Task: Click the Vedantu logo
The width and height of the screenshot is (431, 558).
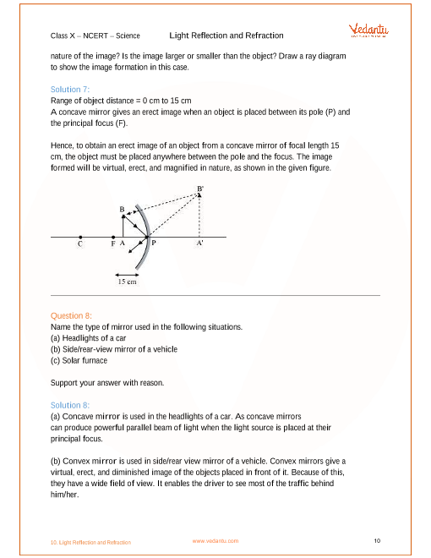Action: (368, 30)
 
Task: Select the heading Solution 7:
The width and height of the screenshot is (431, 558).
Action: (70, 90)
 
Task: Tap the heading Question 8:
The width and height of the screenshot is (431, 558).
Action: (71, 315)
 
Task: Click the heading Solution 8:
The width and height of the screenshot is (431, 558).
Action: (70, 405)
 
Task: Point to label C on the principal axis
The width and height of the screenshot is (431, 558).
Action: (80, 243)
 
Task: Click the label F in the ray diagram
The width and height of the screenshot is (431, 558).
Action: (113, 243)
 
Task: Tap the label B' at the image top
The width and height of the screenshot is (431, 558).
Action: (200, 189)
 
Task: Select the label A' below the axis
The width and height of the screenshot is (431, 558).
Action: (199, 243)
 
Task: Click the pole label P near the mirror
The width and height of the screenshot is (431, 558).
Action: (154, 243)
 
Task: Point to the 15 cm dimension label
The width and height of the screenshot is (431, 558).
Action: (127, 282)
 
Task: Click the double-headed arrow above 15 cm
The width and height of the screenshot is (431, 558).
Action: (127, 275)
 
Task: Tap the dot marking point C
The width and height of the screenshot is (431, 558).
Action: (80, 237)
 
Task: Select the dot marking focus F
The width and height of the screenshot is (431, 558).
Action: (113, 237)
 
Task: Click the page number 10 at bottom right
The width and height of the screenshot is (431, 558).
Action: (377, 540)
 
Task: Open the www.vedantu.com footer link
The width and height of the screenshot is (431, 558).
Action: (215, 541)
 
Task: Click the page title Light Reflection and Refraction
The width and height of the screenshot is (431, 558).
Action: (226, 36)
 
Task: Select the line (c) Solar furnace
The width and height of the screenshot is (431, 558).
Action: (79, 360)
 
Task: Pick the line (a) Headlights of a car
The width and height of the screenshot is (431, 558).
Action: (88, 338)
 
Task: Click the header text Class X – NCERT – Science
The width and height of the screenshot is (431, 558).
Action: (95, 36)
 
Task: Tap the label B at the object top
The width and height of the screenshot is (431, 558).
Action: (122, 210)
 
